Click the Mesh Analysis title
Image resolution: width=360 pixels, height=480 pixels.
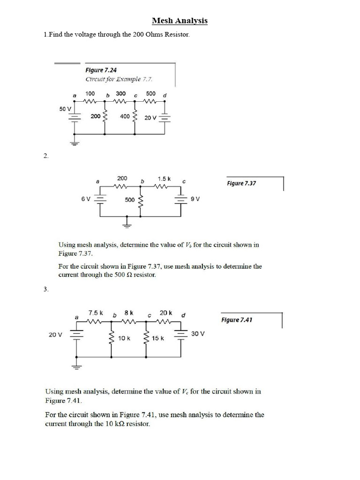[x=180, y=21]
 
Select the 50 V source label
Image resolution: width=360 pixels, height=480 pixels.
[x=66, y=109]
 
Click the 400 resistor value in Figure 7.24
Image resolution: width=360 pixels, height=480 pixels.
[x=125, y=116]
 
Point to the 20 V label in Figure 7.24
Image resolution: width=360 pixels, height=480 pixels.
[x=150, y=118]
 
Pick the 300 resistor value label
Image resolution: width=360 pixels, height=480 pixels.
[x=121, y=93]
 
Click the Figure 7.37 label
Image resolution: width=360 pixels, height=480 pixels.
[x=241, y=183]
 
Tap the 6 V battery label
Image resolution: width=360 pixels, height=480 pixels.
[x=86, y=199]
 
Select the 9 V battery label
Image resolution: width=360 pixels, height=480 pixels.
[x=195, y=199]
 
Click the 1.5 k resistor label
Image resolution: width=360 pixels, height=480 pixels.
[x=164, y=179]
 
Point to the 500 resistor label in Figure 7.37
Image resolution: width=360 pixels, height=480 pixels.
[x=130, y=200]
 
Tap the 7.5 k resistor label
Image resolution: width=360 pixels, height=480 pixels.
[x=96, y=312]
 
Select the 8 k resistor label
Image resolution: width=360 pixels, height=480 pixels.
[x=129, y=312]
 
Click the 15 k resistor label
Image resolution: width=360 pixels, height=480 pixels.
[x=158, y=338]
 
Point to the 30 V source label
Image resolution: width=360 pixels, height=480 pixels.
[x=198, y=334]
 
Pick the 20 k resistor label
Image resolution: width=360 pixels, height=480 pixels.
[x=166, y=312]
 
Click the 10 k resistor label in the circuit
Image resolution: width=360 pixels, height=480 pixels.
[x=124, y=338]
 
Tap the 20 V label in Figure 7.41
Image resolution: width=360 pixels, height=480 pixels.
[x=55, y=334]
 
